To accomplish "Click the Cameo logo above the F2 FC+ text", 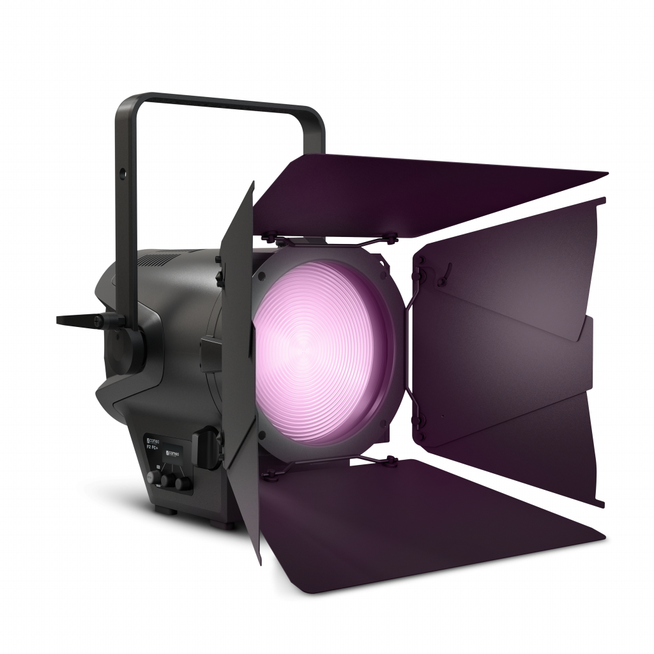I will coord(153,440).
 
